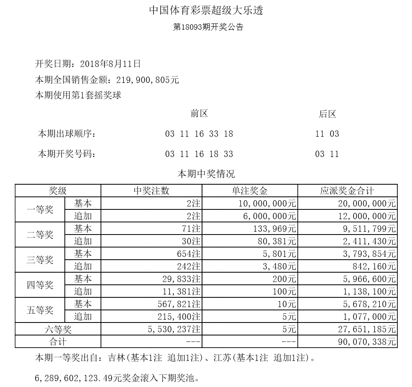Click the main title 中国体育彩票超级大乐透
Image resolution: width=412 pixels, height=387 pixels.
206,11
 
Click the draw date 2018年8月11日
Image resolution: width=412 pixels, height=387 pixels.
110,64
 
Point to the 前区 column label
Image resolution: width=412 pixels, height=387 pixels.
199,114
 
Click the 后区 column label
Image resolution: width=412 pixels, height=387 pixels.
327,114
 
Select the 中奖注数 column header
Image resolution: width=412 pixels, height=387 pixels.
151,191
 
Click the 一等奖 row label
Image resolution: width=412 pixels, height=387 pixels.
40,210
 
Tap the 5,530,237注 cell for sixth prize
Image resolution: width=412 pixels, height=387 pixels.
174,329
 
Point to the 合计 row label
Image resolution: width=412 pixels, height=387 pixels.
58,342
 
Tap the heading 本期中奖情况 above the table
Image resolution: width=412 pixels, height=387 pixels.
206,173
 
